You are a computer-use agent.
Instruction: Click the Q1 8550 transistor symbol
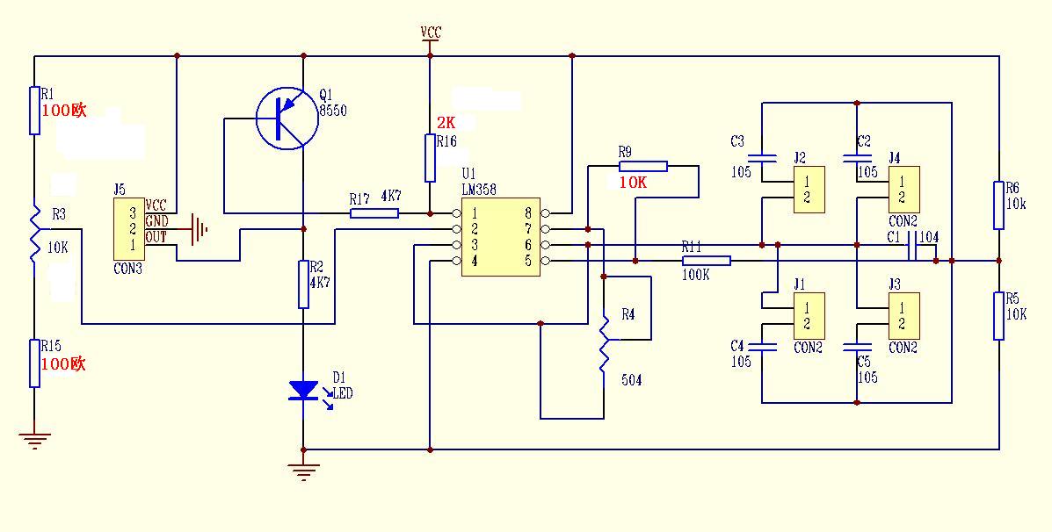click(x=287, y=119)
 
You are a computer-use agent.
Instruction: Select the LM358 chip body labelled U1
click(x=500, y=236)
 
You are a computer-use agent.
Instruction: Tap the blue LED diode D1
click(x=304, y=390)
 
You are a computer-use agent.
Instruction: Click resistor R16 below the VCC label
click(x=430, y=158)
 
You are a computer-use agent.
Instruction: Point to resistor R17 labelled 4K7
click(x=374, y=212)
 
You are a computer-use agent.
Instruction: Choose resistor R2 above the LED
click(x=304, y=284)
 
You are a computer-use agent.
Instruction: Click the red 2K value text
click(x=446, y=123)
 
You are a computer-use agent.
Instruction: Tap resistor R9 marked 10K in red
click(x=642, y=165)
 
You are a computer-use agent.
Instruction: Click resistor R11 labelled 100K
click(x=706, y=260)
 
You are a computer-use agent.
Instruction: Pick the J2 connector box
click(x=807, y=190)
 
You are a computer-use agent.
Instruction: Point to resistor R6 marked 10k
click(x=999, y=205)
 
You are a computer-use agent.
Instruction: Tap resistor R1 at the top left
click(x=34, y=110)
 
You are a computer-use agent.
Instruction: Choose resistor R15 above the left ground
click(x=34, y=363)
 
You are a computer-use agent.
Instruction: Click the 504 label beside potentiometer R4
click(x=631, y=380)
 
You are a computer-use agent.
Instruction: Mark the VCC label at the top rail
click(x=431, y=32)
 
